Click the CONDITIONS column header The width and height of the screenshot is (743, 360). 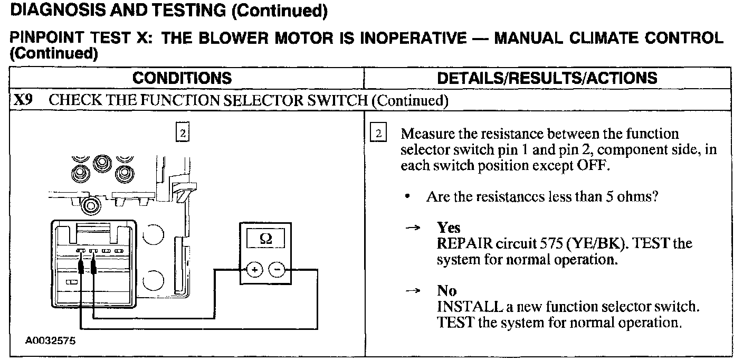point(182,78)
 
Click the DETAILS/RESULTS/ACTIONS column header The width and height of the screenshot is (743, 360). point(547,78)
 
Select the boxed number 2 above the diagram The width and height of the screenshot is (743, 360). point(182,133)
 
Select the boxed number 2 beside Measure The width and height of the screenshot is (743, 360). point(378,133)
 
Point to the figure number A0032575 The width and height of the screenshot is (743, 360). point(51,340)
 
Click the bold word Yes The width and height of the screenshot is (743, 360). point(449,228)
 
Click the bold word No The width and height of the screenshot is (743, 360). point(446,290)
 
